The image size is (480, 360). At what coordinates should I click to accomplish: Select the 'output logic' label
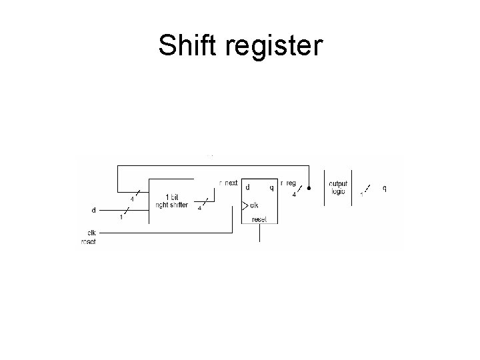pos(339,187)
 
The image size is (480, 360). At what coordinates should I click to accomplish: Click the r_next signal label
pos(229,183)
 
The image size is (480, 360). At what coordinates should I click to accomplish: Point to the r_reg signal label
pos(289,183)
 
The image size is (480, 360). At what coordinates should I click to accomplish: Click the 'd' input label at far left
pos(93,209)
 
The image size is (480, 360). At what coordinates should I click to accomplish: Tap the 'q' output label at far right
pos(384,188)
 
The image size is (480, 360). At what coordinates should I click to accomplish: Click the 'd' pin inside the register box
pos(248,187)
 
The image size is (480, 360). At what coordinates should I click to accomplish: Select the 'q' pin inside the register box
pos(271,187)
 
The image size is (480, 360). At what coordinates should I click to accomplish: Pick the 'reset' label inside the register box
pos(259,219)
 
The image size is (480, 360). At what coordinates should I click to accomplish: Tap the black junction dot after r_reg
pos(309,187)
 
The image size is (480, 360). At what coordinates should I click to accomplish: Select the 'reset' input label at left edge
pos(88,241)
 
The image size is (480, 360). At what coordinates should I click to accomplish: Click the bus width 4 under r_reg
pos(294,195)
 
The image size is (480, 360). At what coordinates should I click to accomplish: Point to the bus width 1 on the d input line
pos(121,217)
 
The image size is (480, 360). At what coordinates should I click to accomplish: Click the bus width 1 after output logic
pos(361,195)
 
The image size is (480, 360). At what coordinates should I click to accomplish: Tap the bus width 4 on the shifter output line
pos(200,208)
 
